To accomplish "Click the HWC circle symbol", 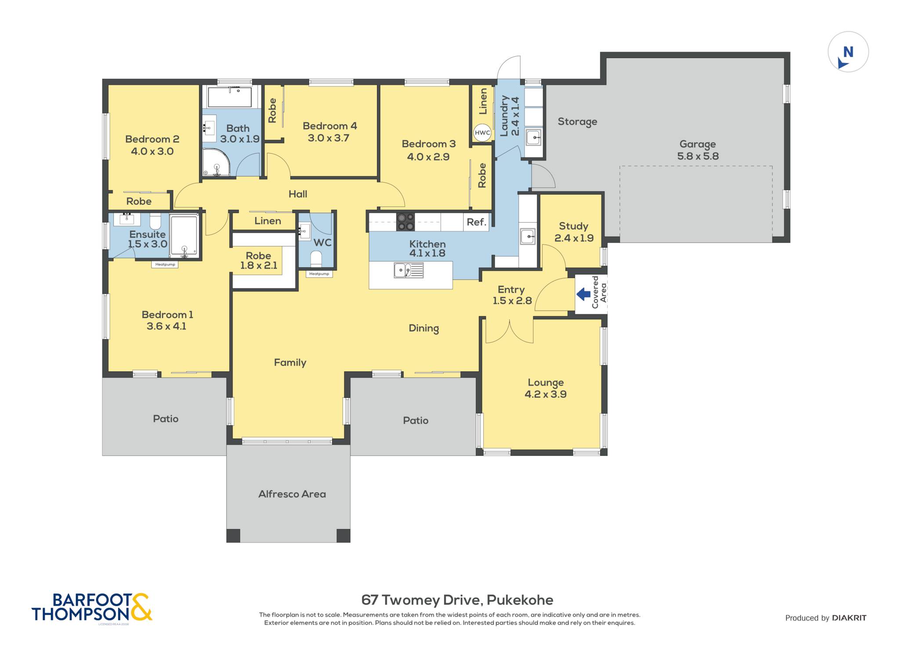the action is tap(482, 133).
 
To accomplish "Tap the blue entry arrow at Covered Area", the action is tap(583, 294).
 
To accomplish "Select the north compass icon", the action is tap(848, 52).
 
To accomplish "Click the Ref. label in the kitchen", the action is tap(476, 222).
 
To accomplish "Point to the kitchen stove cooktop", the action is tap(405, 222).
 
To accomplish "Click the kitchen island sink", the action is tap(409, 270).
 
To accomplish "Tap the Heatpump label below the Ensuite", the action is tap(165, 264).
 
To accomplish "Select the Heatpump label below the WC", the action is tap(319, 274).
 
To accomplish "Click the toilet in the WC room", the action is tap(316, 259).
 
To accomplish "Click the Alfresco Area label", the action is tap(292, 494).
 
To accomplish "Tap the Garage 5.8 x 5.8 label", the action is tap(698, 150).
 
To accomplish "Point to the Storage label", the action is tap(577, 122).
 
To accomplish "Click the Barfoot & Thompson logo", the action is tap(92, 608).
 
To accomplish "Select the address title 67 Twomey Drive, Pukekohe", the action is tap(457, 600).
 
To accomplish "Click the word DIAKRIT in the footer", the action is tap(849, 618).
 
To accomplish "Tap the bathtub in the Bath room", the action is tap(229, 97).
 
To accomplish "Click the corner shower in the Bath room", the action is tap(216, 162).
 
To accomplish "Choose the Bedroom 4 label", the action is tap(330, 132).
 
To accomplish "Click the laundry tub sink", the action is tap(533, 137).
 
